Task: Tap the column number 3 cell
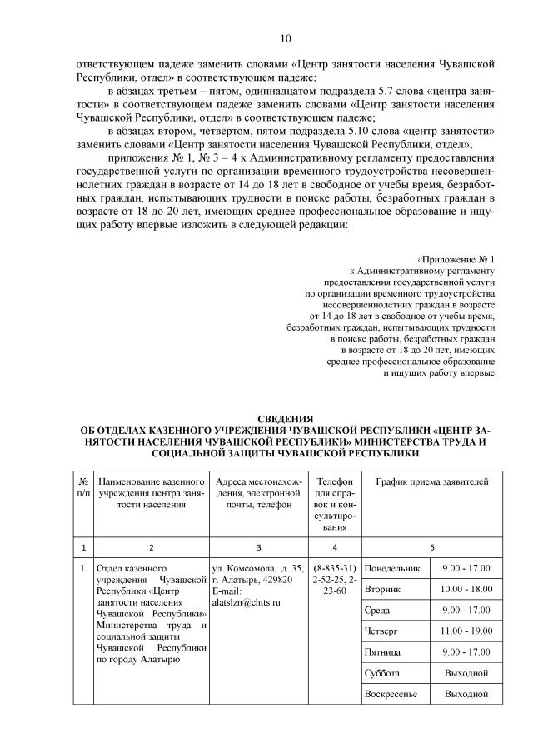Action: tap(258, 547)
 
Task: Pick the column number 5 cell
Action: tap(431, 547)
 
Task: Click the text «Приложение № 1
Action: tap(456, 259)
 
